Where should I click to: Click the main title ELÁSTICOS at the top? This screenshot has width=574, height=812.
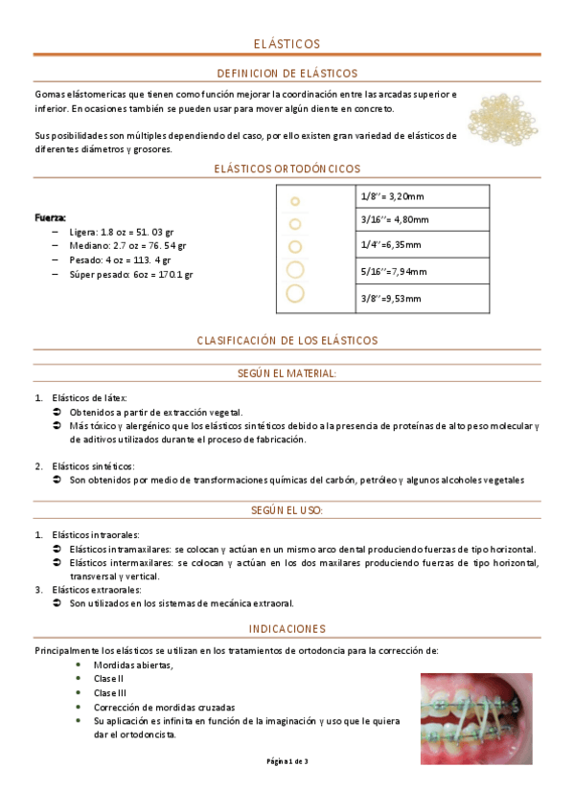pyautogui.click(x=287, y=44)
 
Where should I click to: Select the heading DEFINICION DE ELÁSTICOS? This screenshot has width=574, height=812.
pyautogui.click(x=287, y=73)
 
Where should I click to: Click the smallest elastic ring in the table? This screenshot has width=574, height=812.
pyautogui.click(x=295, y=201)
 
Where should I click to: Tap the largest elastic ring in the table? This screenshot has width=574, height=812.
pyautogui.click(x=295, y=293)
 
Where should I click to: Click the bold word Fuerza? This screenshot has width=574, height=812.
pyautogui.click(x=50, y=217)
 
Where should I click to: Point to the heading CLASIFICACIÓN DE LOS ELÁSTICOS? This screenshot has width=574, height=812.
pyautogui.click(x=287, y=340)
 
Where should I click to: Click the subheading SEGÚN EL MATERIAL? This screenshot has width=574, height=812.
pyautogui.click(x=287, y=372)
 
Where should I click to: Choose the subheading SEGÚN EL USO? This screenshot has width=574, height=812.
pyautogui.click(x=287, y=510)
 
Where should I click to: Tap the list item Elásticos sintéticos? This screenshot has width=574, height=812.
pyautogui.click(x=94, y=466)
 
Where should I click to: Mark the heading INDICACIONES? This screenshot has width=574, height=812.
pyautogui.click(x=287, y=628)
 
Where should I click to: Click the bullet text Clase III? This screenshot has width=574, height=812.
pyautogui.click(x=110, y=692)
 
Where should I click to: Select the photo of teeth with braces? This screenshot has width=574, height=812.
pyautogui.click(x=477, y=716)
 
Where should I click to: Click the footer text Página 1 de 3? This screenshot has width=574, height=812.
pyautogui.click(x=287, y=761)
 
